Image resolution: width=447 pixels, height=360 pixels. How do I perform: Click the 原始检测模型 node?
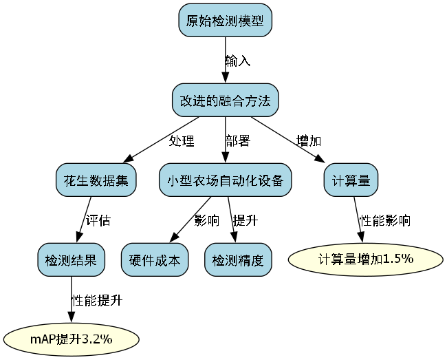point(225,21)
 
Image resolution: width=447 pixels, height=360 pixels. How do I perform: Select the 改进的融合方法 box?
point(225,100)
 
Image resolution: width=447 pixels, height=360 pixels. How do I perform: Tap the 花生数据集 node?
point(96,180)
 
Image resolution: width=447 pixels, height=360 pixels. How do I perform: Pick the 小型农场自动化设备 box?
point(225,180)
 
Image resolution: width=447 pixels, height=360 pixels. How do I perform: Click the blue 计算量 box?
point(351,180)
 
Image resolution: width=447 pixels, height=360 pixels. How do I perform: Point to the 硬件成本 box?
point(155,260)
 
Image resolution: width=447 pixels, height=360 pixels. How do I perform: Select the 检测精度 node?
point(238,260)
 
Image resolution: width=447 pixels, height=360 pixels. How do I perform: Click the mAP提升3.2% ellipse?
point(72,339)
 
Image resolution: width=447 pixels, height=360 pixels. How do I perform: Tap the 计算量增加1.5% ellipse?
point(364,259)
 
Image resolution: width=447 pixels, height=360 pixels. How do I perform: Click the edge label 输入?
point(238,61)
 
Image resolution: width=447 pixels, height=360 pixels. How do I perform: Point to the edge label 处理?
point(182,141)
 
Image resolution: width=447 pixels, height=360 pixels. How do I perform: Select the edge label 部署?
point(238,141)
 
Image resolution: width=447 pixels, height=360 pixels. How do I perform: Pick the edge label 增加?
point(308,141)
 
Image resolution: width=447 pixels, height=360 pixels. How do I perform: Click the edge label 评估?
point(98,221)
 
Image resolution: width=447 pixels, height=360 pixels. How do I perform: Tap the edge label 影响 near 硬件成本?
point(206,221)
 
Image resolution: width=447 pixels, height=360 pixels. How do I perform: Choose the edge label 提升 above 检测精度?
point(245,221)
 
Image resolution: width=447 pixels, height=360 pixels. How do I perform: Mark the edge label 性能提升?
point(97,301)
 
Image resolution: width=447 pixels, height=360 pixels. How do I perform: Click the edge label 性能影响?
point(386,221)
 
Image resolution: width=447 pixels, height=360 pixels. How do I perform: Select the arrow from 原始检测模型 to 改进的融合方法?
point(225,61)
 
